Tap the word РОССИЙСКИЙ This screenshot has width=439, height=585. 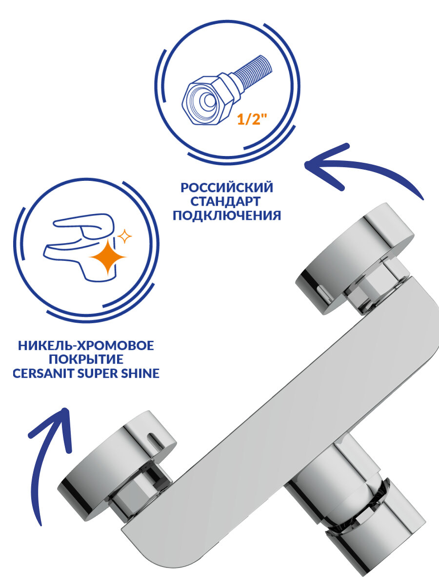pos(227,188)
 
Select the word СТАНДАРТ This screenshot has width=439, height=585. pos(227,201)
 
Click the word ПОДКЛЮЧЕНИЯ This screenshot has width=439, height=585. pos(227,215)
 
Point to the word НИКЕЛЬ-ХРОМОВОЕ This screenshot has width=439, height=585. pos(86,346)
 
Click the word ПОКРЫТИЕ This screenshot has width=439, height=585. pos(86,360)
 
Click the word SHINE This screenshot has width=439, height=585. pos(141,374)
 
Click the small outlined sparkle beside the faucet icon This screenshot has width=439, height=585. pos(125,237)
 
